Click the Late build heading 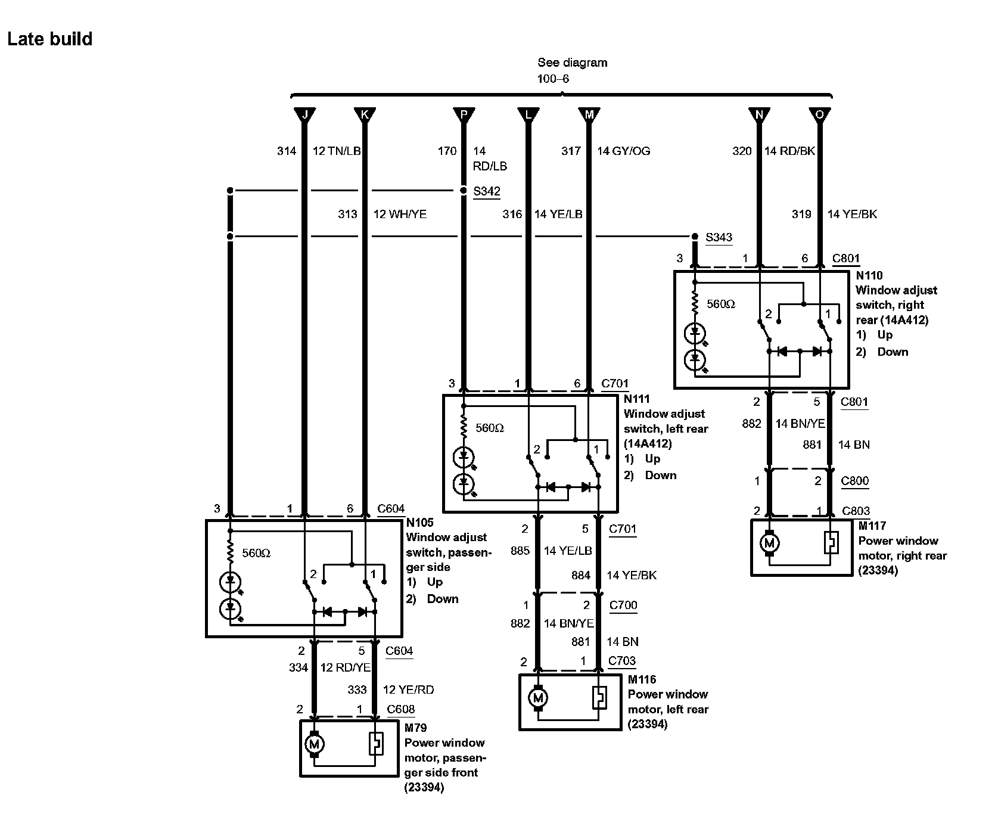(50, 39)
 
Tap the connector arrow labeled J (305, 114)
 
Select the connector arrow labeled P (464, 114)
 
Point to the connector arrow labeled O (820, 114)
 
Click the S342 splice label (487, 191)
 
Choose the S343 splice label (719, 237)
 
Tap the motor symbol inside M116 (539, 697)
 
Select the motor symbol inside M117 (770, 543)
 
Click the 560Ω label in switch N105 (256, 554)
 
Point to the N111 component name (636, 399)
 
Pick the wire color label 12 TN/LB (337, 151)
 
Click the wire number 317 (571, 151)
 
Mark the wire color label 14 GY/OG (623, 151)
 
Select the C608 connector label (400, 709)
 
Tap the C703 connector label (622, 660)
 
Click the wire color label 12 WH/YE (400, 215)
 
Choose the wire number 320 (742, 151)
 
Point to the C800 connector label (854, 481)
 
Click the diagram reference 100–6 (553, 79)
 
